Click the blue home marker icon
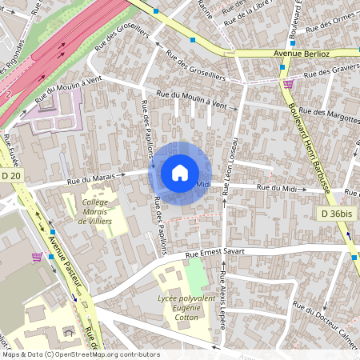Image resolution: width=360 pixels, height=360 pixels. [x=179, y=172]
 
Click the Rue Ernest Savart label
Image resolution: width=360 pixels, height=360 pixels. [x=214, y=252]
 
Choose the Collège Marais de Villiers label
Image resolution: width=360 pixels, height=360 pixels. [x=97, y=212]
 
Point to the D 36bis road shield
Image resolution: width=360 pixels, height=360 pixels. [x=336, y=214]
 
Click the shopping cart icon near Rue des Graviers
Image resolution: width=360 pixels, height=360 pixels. [x=288, y=82]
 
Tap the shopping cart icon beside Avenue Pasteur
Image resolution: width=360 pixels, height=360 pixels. [x=37, y=257]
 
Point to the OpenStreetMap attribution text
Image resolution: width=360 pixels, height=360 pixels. [x=80, y=354]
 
